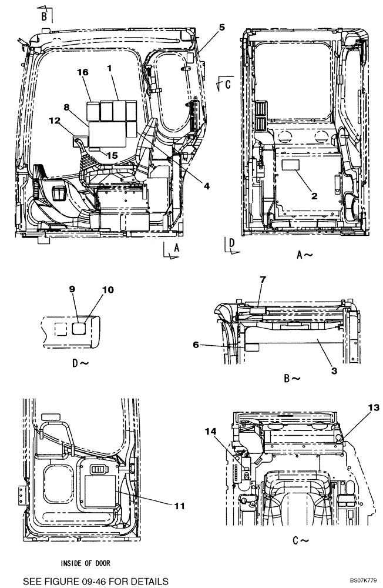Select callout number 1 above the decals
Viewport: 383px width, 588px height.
(109, 68)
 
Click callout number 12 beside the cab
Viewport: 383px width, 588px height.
(54, 121)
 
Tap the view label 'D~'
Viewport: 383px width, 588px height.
(80, 363)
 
